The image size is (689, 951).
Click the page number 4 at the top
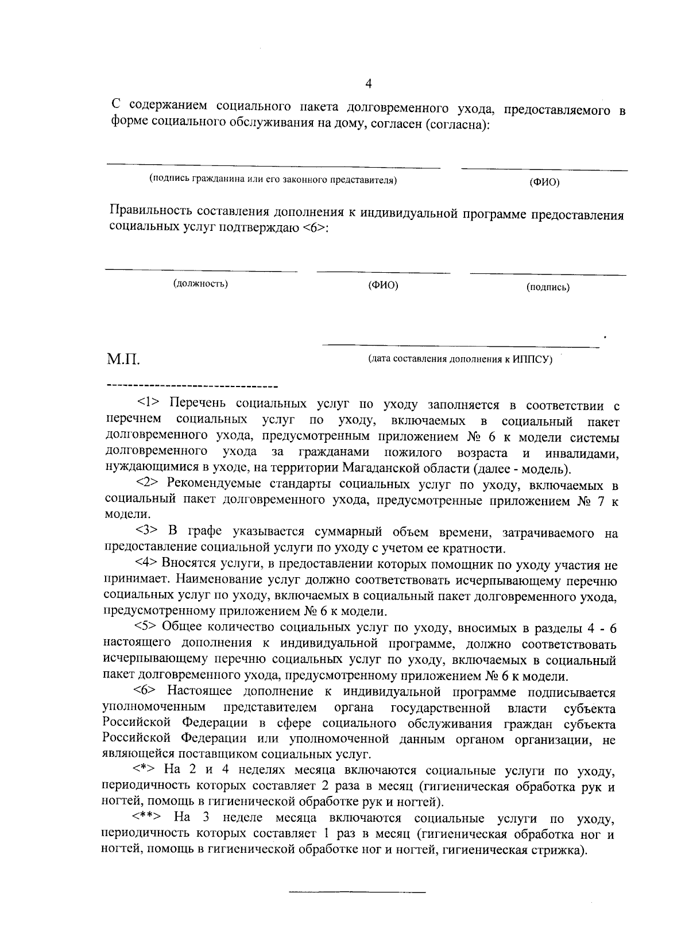pyautogui.click(x=369, y=84)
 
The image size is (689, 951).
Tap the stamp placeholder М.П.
pyautogui.click(x=123, y=361)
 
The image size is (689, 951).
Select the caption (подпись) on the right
pyautogui.click(x=548, y=287)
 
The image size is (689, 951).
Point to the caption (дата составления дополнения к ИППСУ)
pyautogui.click(x=460, y=359)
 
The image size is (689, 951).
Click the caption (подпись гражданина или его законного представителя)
pyautogui.click(x=273, y=180)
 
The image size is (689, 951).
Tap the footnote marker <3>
pyautogui.click(x=148, y=533)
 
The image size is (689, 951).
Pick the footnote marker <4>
pyautogui.click(x=147, y=564)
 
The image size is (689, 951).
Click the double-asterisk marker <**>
pyautogui.click(x=147, y=818)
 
